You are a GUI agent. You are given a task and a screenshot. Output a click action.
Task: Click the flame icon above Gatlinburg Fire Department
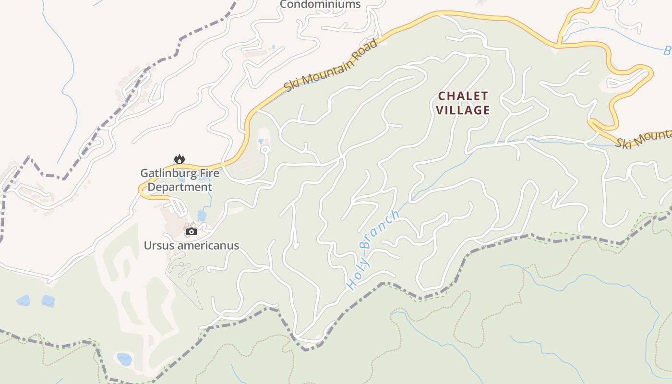click(180, 159)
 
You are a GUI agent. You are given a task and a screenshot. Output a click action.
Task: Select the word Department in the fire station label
click(180, 187)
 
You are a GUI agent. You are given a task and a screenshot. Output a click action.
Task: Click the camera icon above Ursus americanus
click(191, 232)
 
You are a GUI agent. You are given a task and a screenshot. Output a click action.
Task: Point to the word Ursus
click(157, 246)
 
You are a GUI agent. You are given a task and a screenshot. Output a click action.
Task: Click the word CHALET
click(463, 96)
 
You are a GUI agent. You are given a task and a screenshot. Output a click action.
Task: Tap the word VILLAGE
click(463, 110)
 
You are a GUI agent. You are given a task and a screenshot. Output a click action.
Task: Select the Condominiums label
click(320, 5)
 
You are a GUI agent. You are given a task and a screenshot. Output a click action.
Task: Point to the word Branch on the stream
click(379, 230)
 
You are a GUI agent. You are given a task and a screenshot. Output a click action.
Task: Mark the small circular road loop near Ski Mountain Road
click(264, 150)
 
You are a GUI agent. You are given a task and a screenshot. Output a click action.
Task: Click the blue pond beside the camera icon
click(202, 216)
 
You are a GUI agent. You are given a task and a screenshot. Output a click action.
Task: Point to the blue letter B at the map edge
click(667, 50)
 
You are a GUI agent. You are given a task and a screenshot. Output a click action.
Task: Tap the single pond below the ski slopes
click(124, 359)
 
